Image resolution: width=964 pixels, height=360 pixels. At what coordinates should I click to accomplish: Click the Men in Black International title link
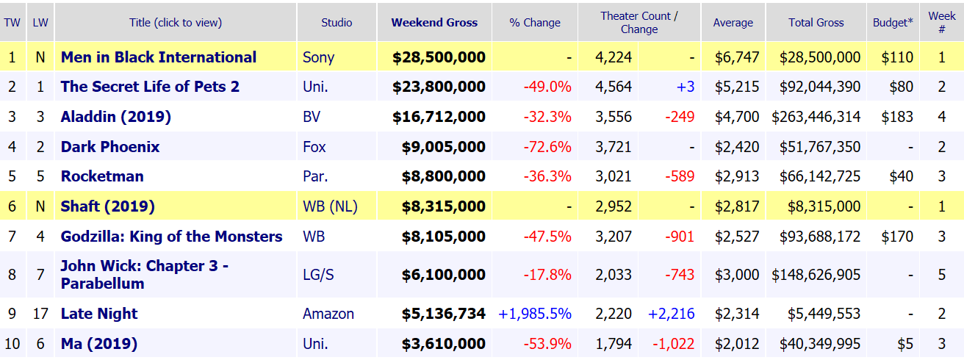tap(159, 57)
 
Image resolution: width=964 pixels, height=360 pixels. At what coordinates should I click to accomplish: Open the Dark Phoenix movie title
tap(110, 147)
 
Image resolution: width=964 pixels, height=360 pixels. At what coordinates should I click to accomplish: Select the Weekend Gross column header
tap(434, 22)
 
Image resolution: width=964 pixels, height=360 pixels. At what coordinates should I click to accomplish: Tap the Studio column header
tap(337, 22)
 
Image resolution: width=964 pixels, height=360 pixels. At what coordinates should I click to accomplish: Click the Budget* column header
tap(893, 22)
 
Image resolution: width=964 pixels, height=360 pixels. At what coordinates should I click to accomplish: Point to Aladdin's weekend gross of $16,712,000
tap(439, 117)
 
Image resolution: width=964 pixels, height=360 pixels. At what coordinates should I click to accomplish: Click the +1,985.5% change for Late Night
tap(535, 314)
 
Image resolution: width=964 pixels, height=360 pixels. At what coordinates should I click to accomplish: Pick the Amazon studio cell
tap(328, 314)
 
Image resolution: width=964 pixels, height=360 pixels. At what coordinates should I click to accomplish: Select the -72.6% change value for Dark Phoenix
tap(547, 147)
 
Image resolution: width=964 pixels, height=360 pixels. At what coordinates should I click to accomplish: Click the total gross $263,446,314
tap(816, 117)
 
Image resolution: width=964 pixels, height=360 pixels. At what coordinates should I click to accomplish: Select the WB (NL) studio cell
tap(330, 206)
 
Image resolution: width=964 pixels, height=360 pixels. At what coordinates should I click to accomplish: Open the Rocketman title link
tap(102, 176)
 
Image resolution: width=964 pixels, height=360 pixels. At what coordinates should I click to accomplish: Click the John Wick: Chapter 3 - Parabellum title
tap(144, 275)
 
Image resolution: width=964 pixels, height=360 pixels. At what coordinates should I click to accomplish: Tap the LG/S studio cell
tap(318, 275)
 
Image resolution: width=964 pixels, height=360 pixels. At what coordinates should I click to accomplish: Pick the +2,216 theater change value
tap(671, 314)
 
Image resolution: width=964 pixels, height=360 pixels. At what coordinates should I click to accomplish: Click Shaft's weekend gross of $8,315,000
tap(443, 206)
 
